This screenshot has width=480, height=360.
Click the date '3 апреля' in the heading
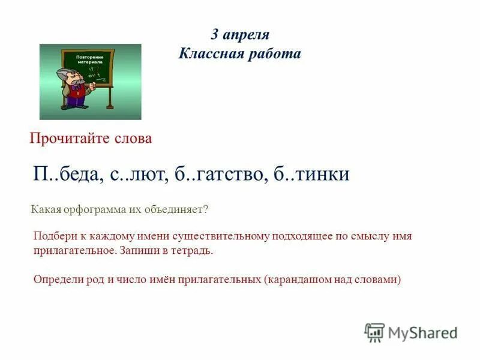click(239, 34)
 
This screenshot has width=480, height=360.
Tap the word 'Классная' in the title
click(208, 54)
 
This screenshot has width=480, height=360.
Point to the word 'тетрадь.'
click(191, 250)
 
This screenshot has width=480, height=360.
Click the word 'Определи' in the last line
click(55, 279)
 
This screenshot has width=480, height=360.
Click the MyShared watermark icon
click(374, 332)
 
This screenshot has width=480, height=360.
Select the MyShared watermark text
click(422, 332)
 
